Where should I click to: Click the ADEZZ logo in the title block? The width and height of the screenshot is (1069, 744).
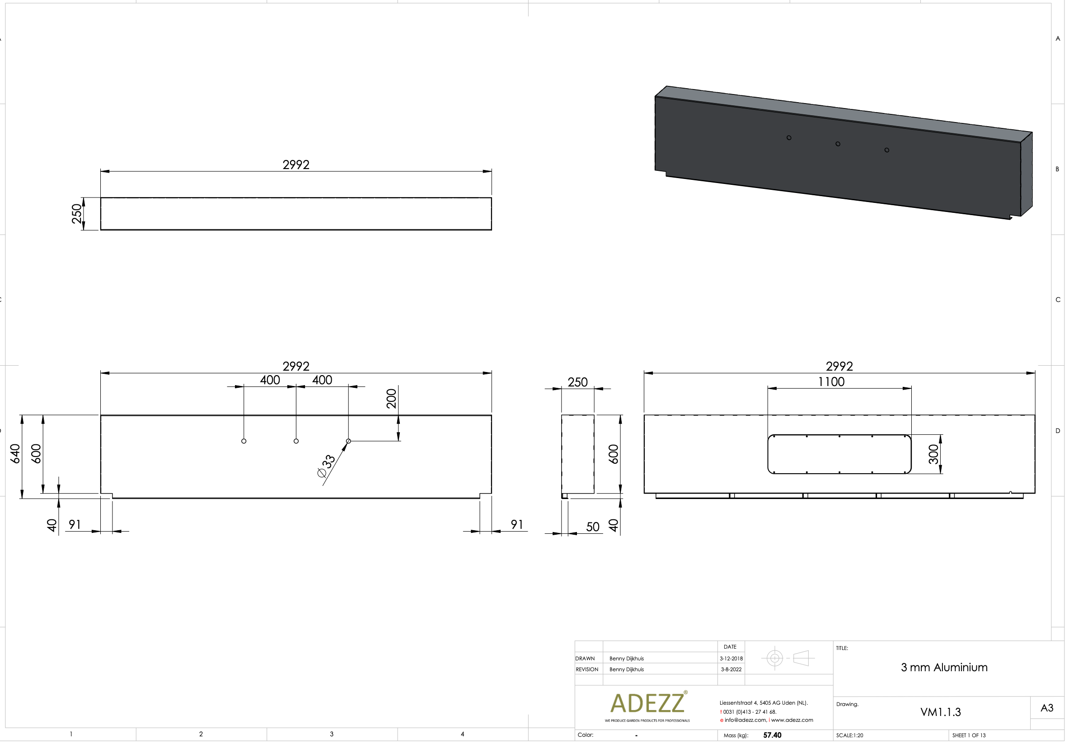(x=647, y=703)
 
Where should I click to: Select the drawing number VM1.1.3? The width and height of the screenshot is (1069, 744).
(x=940, y=712)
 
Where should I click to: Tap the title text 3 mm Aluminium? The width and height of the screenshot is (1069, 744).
(x=944, y=667)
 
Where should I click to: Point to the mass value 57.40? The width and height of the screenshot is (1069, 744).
(x=772, y=735)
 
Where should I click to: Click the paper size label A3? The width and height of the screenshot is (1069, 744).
(x=1047, y=708)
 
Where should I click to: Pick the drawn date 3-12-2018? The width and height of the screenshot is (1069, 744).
(x=731, y=658)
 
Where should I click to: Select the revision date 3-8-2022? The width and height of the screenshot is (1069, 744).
(x=731, y=669)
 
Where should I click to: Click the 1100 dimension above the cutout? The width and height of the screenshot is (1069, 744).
(x=831, y=382)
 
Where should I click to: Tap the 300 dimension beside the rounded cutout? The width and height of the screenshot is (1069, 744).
(x=933, y=454)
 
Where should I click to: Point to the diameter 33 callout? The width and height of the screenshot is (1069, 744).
(x=326, y=466)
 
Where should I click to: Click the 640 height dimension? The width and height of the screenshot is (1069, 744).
(x=15, y=454)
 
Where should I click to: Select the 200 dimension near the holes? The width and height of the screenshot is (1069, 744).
(x=392, y=398)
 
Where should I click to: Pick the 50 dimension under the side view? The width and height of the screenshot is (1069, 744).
(x=592, y=527)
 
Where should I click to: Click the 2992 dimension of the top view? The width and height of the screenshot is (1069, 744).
(x=295, y=165)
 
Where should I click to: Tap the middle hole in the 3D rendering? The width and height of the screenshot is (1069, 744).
(x=838, y=144)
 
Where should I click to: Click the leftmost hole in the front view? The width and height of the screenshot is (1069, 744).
(x=244, y=441)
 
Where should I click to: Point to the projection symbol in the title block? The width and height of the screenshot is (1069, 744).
(x=788, y=658)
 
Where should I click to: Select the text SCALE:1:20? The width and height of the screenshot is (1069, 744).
(x=849, y=735)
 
